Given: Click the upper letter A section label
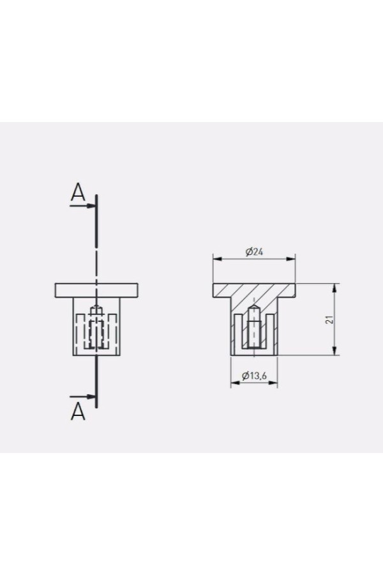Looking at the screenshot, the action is pyautogui.click(x=78, y=192).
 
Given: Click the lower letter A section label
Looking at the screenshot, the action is pyautogui.click(x=78, y=411).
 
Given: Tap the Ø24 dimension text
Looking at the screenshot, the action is pyautogui.click(x=254, y=252).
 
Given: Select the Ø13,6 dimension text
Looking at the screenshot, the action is pyautogui.click(x=253, y=375).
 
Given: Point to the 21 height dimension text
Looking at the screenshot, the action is pyautogui.click(x=330, y=319).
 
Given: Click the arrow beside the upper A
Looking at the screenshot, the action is pyautogui.click(x=82, y=206).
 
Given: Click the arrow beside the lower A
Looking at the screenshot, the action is pyautogui.click(x=82, y=396).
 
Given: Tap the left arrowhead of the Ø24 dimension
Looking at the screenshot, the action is pyautogui.click(x=218, y=259).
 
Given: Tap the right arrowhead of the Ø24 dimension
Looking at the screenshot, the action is pyautogui.click(x=291, y=259).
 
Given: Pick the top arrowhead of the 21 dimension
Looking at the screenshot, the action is pyautogui.click(x=334, y=288).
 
